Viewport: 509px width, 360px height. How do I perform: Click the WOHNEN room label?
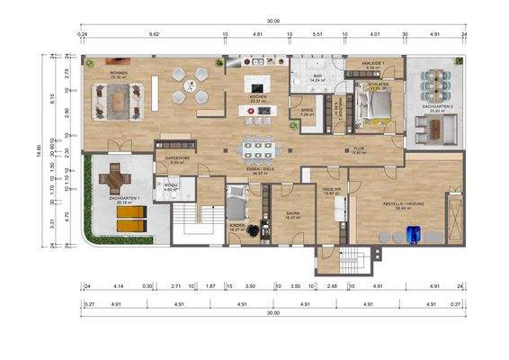(117, 72)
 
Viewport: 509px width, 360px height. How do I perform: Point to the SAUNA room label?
(291, 213)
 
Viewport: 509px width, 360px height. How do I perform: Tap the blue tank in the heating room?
(414, 234)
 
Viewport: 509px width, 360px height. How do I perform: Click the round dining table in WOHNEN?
(191, 85)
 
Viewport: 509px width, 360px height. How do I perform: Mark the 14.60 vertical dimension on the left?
(39, 148)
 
